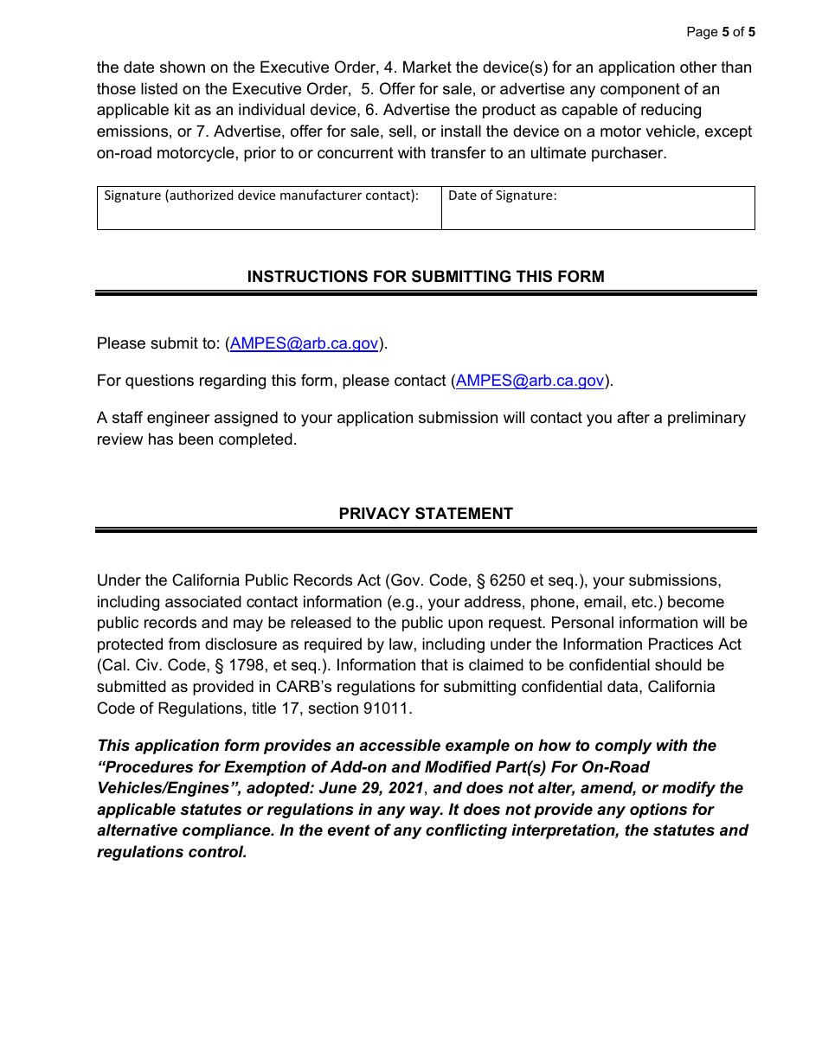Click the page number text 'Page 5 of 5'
[x=720, y=32]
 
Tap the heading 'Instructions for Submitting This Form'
[x=426, y=277]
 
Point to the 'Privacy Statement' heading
[x=426, y=514]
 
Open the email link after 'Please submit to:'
[x=304, y=343]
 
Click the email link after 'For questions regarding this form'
[x=530, y=381]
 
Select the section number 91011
[x=386, y=708]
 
